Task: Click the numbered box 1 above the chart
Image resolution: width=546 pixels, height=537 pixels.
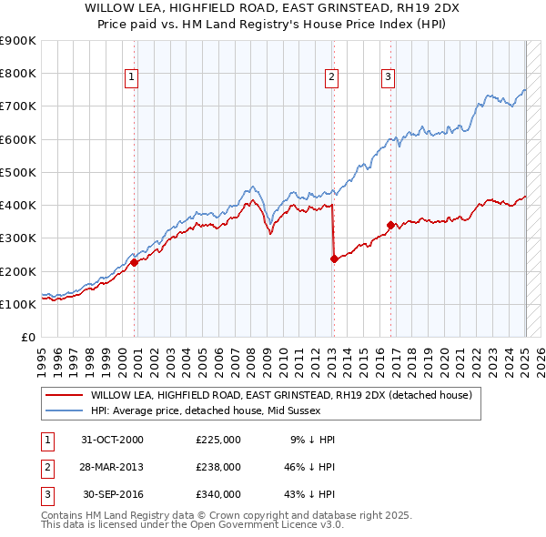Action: click(x=132, y=77)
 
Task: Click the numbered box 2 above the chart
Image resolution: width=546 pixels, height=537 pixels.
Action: click(x=331, y=77)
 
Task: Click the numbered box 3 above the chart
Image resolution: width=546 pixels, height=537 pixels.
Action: click(x=388, y=77)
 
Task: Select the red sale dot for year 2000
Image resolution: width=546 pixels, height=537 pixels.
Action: click(x=135, y=262)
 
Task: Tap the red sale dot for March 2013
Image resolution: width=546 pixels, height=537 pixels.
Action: click(x=334, y=258)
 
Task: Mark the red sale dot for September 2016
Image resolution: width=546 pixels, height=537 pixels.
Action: click(x=390, y=225)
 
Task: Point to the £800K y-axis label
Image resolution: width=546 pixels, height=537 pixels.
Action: click(x=17, y=74)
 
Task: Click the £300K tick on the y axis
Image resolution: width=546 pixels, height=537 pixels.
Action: click(x=17, y=238)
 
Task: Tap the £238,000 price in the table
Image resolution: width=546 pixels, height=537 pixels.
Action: click(x=217, y=467)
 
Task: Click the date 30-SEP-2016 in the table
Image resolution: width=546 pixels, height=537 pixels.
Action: click(x=113, y=494)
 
